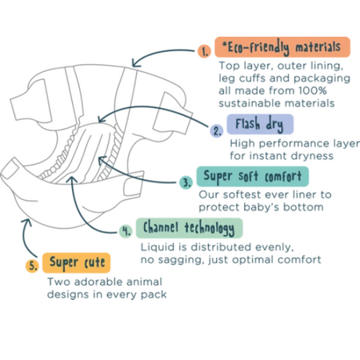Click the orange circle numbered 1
pos(204,50)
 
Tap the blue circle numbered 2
pos(217,130)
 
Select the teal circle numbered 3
pos(186,182)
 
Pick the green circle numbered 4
pos(126,230)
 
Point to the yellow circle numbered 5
pos(32,266)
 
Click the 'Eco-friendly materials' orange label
pos(282,47)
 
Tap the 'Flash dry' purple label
pos(260,124)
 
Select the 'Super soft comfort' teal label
pos(253,177)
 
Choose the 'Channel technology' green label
pos(190,228)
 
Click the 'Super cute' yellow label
pos(76,262)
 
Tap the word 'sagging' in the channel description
pos(180,260)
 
